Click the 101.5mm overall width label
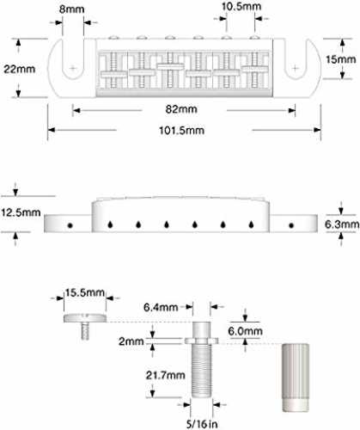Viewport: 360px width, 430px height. coord(181,131)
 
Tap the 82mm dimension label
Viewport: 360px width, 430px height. coord(181,109)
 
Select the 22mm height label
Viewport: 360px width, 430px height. coord(19,69)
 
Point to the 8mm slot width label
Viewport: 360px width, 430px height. coord(71,9)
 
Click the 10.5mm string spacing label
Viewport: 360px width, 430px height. coord(241,7)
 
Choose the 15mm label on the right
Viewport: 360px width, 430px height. coord(341,59)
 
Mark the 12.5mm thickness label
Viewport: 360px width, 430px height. coord(21,212)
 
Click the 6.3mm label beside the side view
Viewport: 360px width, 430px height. coord(342,224)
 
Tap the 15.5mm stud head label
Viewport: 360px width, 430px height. coord(85,292)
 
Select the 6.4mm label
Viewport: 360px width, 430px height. coord(161,307)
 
